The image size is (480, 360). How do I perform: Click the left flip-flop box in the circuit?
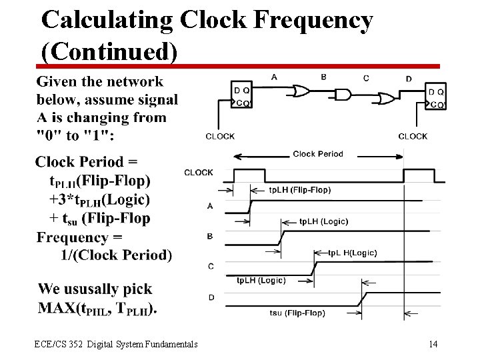click(241, 97)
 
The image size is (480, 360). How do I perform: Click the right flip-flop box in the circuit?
click(436, 97)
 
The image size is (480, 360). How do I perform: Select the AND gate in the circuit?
click(342, 95)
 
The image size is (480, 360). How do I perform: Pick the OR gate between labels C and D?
click(385, 99)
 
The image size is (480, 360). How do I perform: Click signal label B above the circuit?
click(323, 77)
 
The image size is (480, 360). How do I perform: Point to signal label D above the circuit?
click(409, 79)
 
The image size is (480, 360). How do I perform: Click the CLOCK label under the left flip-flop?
click(220, 137)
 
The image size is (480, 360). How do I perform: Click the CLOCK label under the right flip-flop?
click(413, 137)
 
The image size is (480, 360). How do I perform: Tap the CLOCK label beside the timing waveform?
click(199, 173)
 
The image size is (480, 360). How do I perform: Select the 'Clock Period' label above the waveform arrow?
click(318, 154)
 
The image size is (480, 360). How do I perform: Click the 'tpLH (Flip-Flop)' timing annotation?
click(299, 190)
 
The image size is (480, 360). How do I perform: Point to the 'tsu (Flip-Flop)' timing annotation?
click(297, 313)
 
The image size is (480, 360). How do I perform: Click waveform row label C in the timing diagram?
click(211, 266)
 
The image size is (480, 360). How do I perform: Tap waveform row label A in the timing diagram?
click(210, 206)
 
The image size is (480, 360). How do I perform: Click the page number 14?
click(433, 344)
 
